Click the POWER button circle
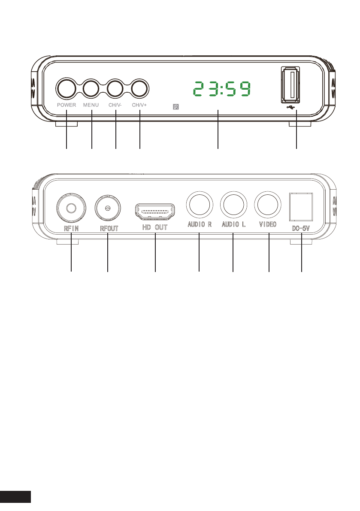(x=66, y=88)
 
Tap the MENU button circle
(x=91, y=88)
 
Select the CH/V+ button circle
(x=140, y=88)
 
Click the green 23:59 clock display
(x=222, y=89)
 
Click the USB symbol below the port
(x=290, y=107)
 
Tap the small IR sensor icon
(x=176, y=106)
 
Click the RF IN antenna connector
(x=71, y=208)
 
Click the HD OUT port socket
(x=155, y=212)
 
